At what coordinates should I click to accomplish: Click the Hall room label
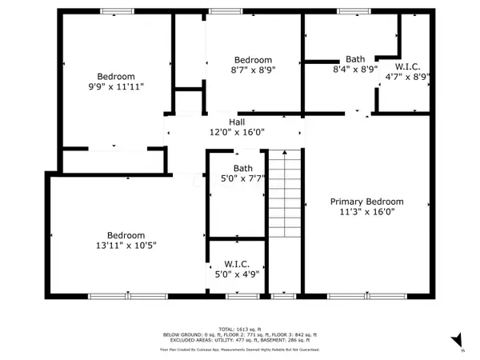(236, 122)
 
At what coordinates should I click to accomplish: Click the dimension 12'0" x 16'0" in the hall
(236, 132)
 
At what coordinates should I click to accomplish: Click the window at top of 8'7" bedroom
(220, 11)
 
